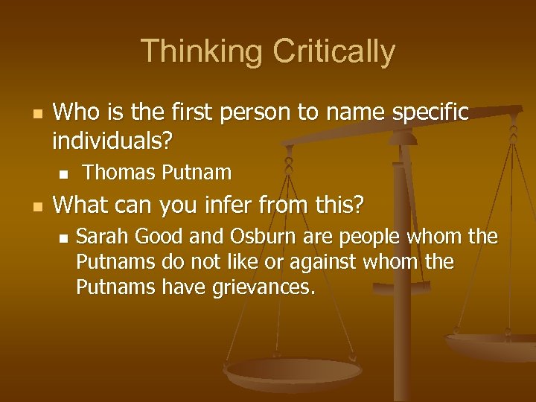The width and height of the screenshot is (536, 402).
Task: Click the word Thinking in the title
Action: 202,51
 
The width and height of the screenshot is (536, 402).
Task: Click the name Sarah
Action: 100,238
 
